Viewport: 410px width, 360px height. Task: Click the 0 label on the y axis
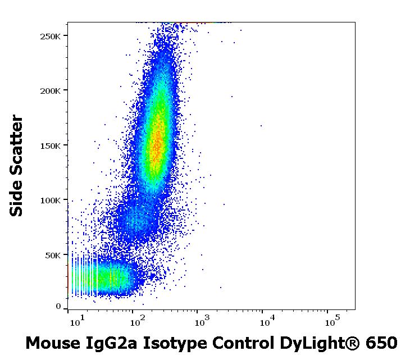58,307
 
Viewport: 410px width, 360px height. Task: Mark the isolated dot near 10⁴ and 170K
261,126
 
